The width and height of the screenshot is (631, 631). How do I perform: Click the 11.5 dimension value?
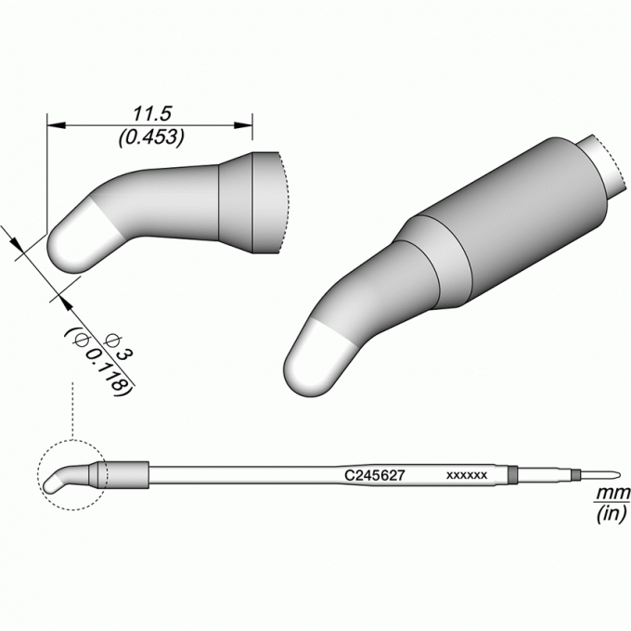152,113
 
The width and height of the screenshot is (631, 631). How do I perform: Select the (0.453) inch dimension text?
151,137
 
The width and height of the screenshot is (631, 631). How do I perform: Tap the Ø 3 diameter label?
118,349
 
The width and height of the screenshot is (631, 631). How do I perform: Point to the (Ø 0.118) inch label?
97,362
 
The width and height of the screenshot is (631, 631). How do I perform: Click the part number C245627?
374,476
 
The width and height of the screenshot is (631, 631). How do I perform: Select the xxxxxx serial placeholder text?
467,475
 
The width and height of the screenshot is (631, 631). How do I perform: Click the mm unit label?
612,492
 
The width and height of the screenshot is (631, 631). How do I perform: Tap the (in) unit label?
612,513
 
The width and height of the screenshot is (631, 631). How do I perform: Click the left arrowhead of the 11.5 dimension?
57,125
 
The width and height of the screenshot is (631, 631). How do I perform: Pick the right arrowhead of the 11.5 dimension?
243,125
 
